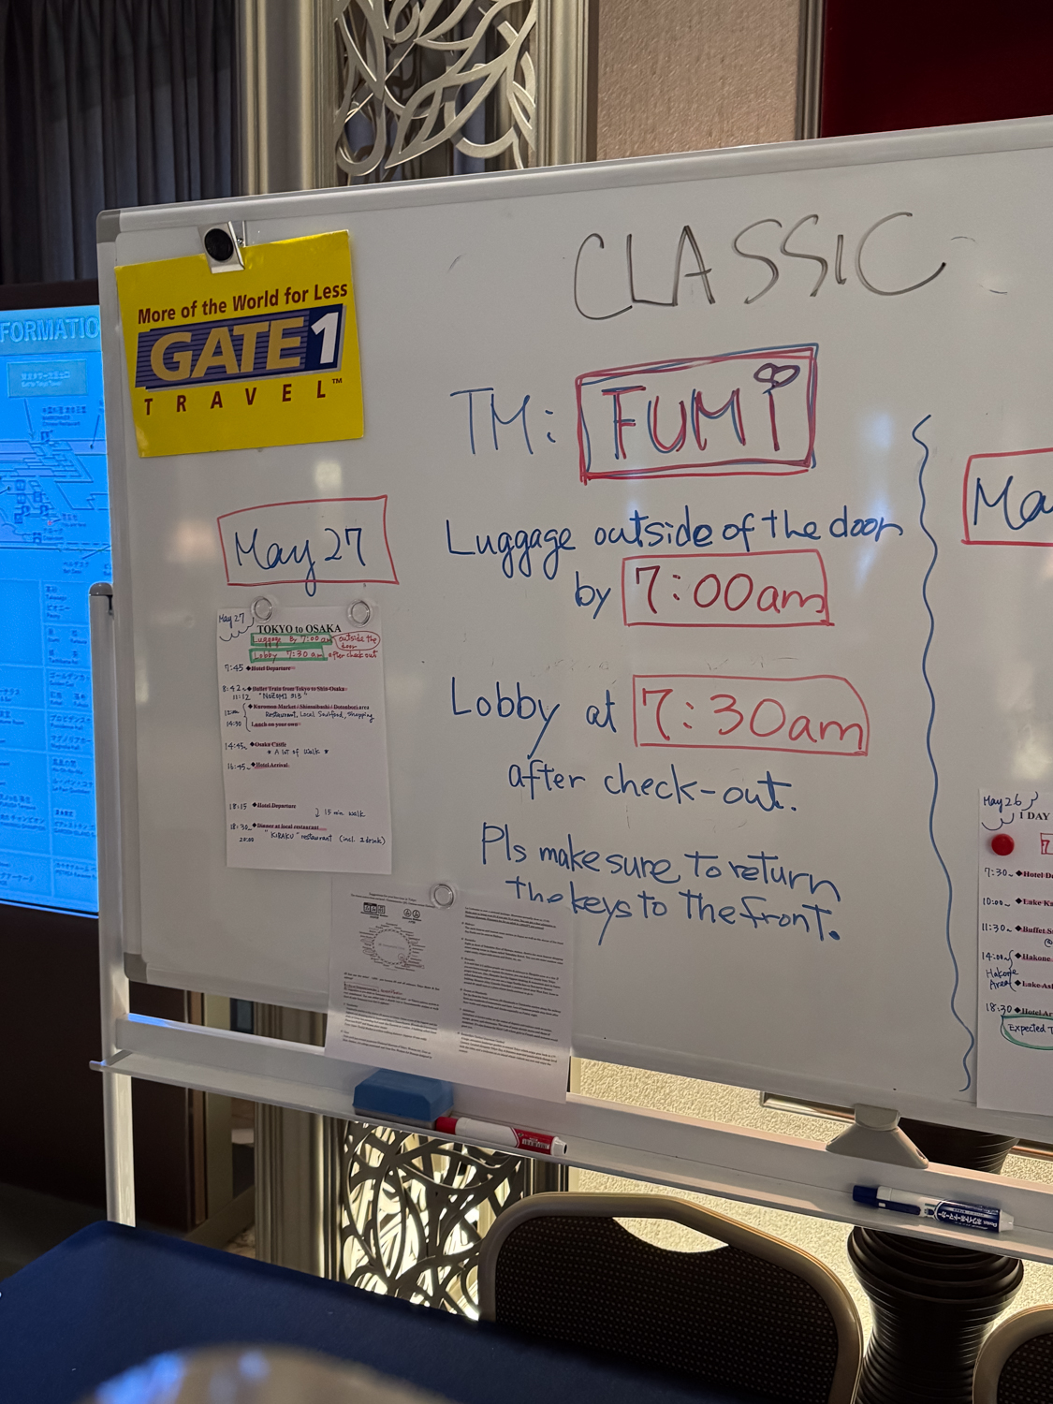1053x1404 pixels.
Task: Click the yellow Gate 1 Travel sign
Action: [240, 344]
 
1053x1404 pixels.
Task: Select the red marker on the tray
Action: [501, 1133]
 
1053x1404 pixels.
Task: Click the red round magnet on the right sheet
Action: [1002, 843]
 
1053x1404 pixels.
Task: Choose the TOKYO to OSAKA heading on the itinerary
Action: [299, 628]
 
